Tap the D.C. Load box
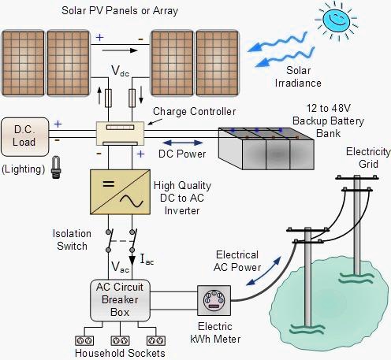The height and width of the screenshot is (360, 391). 24,136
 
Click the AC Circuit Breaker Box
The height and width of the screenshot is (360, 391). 119,298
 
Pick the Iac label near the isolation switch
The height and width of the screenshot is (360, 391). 147,258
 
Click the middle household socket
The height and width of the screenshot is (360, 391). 121,341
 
